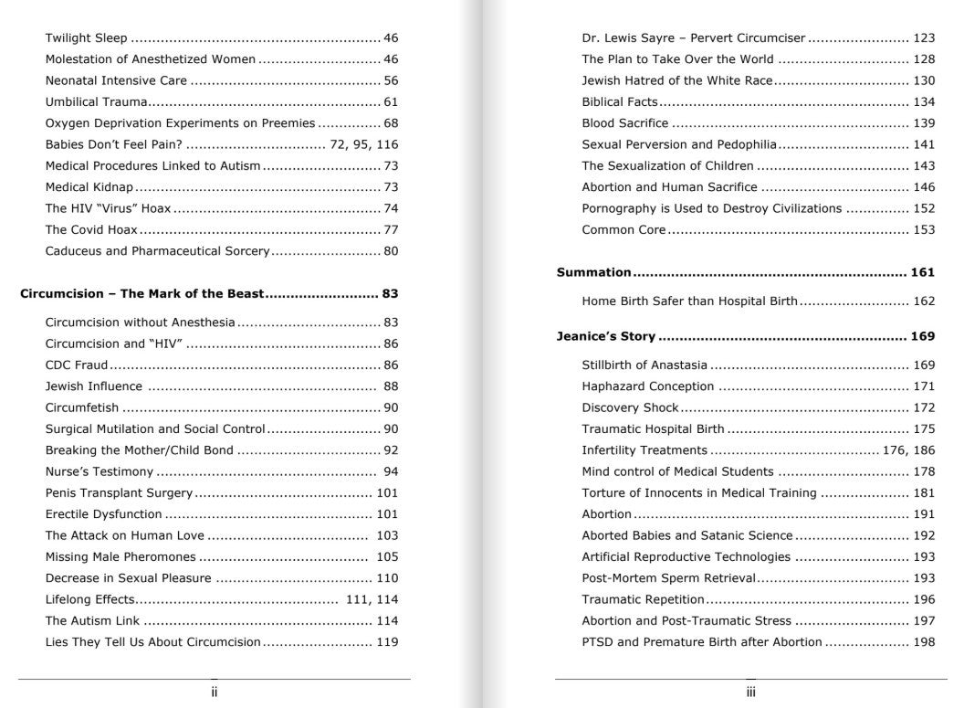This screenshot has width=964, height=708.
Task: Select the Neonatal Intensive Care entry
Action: tap(116, 80)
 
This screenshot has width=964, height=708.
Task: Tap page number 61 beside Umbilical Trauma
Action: tap(391, 102)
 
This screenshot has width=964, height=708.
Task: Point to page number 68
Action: tap(391, 123)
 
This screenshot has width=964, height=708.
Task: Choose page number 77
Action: tap(391, 229)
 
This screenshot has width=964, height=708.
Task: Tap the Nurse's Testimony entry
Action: tap(100, 472)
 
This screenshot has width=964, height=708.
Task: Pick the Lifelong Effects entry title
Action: tap(90, 599)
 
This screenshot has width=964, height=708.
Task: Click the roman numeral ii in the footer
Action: tap(214, 692)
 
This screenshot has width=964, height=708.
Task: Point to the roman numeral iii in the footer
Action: tap(750, 692)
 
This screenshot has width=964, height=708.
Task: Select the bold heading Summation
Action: tap(594, 272)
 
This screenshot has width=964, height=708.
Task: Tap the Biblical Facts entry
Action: tap(620, 102)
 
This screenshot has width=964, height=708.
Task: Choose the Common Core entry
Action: tap(624, 229)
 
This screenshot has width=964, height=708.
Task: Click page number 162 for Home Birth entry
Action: tap(924, 301)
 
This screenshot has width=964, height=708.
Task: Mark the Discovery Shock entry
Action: tap(631, 407)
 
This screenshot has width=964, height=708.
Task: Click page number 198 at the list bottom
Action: tap(924, 642)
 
